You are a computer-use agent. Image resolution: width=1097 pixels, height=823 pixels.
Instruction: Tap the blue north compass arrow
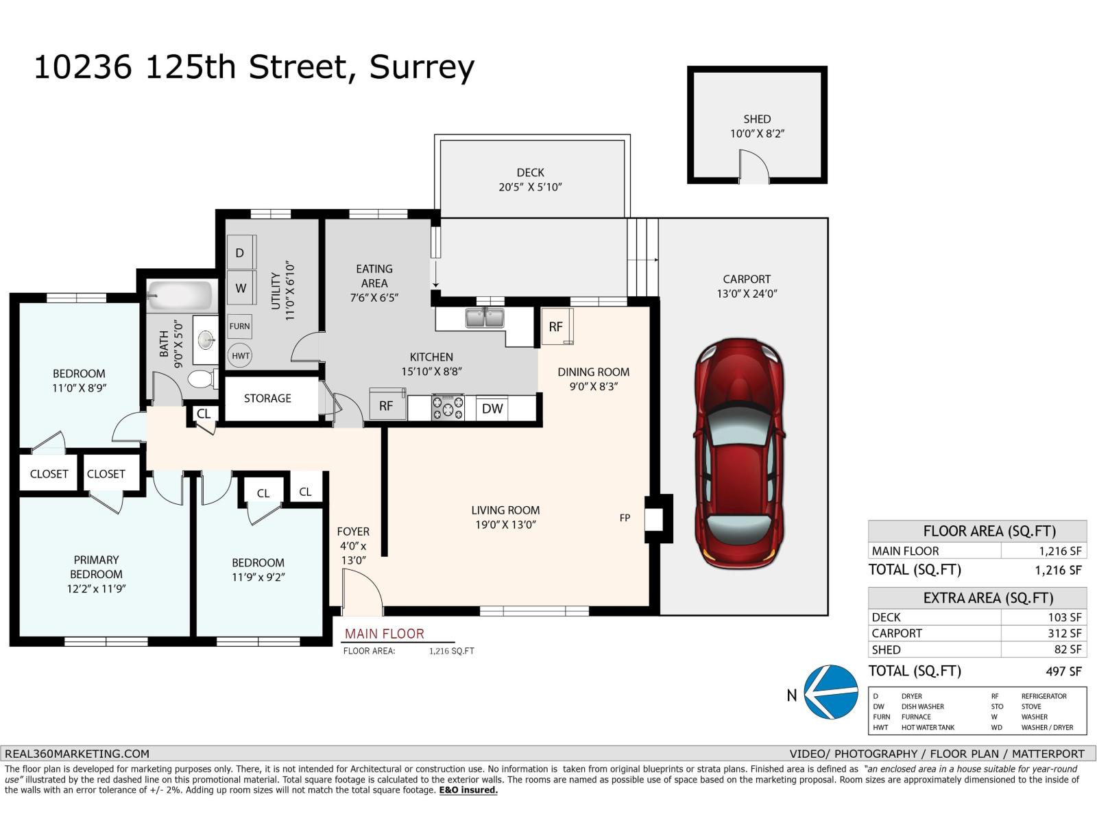pos(830,692)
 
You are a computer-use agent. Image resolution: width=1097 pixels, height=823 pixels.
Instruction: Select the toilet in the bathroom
pos(202,379)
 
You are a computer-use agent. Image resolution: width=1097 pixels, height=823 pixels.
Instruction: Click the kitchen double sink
pos(485,318)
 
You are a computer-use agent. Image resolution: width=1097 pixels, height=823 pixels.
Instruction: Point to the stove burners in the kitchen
pos(447,407)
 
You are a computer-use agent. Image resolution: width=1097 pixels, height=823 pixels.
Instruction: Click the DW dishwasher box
pos(492,409)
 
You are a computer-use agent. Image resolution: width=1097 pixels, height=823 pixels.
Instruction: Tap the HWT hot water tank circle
pos(240,356)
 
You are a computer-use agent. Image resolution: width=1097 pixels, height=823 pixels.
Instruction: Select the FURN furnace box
pos(239,326)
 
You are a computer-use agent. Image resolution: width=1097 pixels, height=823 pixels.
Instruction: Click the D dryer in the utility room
pos(241,252)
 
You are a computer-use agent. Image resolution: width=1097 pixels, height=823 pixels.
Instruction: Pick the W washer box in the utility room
pos(241,288)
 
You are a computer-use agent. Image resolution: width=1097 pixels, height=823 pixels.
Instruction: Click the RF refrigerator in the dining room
pos(556,326)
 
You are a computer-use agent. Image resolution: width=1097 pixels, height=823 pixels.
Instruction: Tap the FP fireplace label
pos(625,518)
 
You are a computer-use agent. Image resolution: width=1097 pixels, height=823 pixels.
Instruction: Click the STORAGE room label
pos(267,398)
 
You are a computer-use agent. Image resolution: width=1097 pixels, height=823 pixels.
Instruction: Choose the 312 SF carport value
pos(1064,633)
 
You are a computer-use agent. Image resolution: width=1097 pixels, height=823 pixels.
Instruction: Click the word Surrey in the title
pos(422,68)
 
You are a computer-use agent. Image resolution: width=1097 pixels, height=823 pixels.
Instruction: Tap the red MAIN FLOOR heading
pos(384,634)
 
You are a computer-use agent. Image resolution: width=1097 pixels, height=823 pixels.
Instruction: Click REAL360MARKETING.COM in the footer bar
pos(77,753)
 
